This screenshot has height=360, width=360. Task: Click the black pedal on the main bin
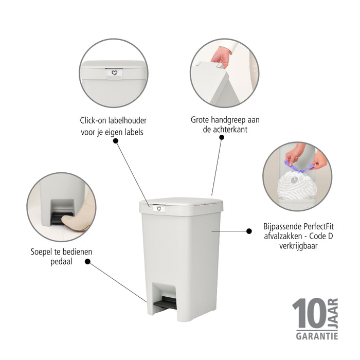tap(165, 302)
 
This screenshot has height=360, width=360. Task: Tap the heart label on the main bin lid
tap(158, 208)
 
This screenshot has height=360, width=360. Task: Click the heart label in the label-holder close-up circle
tap(114, 73)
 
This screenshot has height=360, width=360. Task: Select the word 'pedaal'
tap(61, 261)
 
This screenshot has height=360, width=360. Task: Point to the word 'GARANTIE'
tap(317, 336)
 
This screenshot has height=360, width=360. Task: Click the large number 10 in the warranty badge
tap(309, 313)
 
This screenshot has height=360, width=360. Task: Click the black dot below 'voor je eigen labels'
tap(116, 141)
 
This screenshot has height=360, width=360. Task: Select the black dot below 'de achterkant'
tap(222, 137)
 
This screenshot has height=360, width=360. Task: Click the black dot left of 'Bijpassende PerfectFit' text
tap(249, 231)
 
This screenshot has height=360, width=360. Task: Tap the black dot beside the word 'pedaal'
tap(87, 261)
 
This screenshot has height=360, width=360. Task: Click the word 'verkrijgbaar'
tap(298, 246)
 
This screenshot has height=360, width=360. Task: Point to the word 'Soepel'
tap(42, 252)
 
